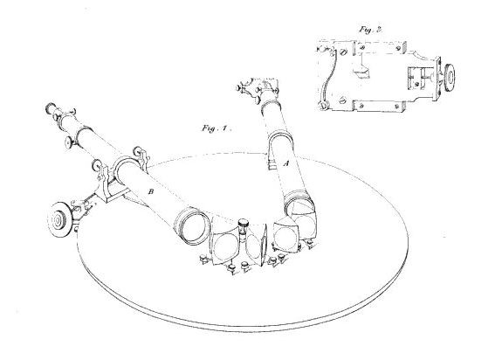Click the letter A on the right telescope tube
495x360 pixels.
coord(286,163)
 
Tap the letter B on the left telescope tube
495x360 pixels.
coord(151,191)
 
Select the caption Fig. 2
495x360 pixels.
coord(371,30)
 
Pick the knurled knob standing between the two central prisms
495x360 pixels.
coord(243,224)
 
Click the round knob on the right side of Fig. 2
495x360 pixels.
coord(449,78)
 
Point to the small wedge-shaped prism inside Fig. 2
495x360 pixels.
coord(361,73)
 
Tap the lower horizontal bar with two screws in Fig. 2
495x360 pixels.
coord(379,106)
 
